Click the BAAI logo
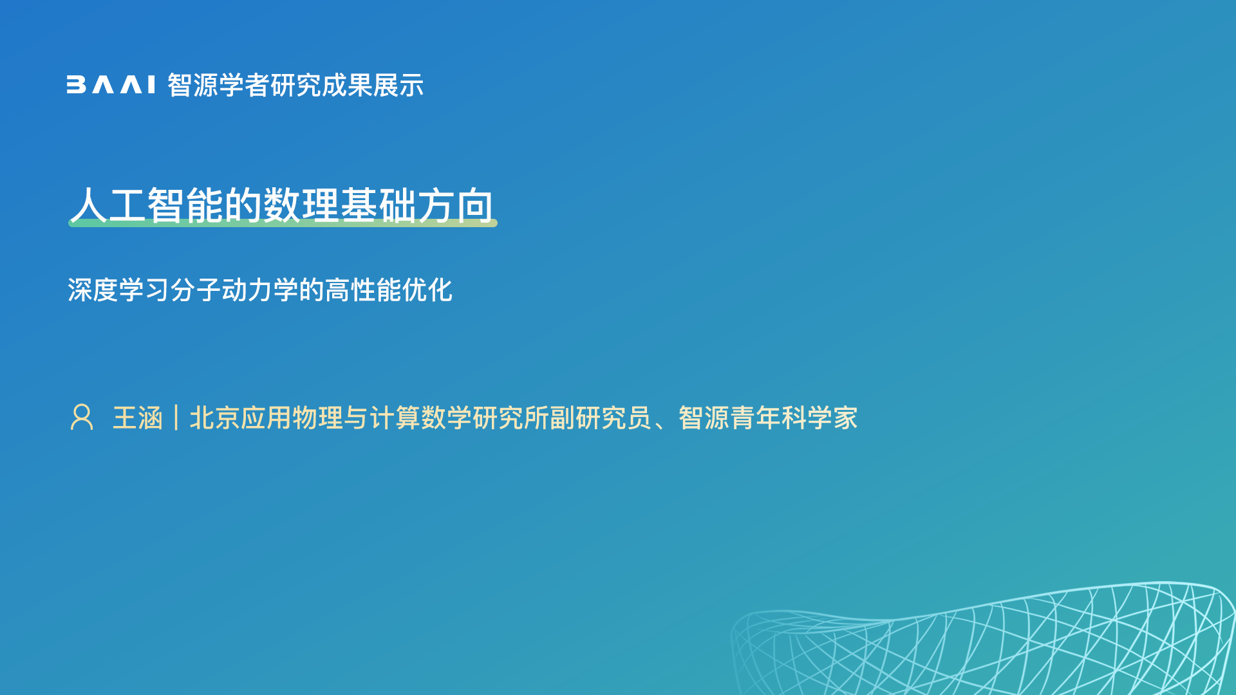point(111,85)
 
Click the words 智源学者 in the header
point(218,85)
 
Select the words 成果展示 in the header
point(373,85)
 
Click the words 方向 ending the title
point(456,205)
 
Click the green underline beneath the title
point(283,223)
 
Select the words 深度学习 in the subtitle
point(118,290)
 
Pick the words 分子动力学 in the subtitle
point(234,290)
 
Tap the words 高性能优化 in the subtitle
point(389,290)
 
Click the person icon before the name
point(82,417)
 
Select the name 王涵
point(138,418)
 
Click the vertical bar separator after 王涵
point(176,418)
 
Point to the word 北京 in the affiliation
point(215,418)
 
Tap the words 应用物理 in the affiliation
point(292,418)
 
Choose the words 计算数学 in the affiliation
point(421,418)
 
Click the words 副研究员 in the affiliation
point(601,418)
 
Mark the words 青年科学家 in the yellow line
point(794,418)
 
